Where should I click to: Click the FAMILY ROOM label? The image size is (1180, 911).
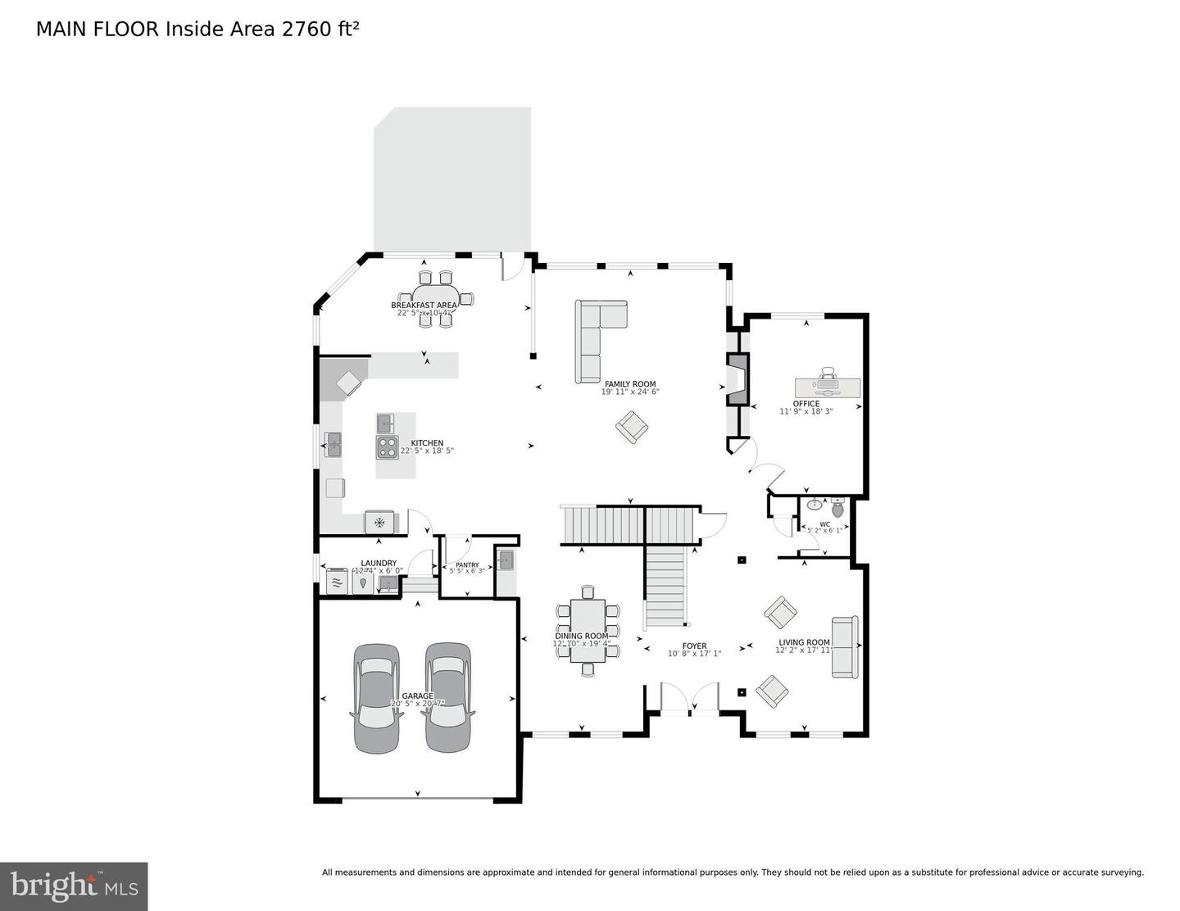pos(630,383)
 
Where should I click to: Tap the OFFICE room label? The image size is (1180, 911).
pos(806,403)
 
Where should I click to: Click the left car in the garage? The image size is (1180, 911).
pos(377,697)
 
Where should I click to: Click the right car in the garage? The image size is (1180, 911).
pos(447,697)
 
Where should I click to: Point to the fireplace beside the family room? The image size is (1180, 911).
pos(737,379)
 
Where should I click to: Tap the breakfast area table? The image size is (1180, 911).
pos(435,297)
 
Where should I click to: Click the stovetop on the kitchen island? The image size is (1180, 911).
pos(387,447)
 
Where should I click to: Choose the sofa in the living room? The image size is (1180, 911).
pos(844,646)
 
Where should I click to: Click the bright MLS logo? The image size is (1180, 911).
pos(74,886)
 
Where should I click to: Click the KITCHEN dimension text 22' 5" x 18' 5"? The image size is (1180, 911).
pos(427,451)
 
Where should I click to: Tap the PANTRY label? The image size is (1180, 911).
pos(467,564)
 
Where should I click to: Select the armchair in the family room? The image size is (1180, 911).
pos(632,427)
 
